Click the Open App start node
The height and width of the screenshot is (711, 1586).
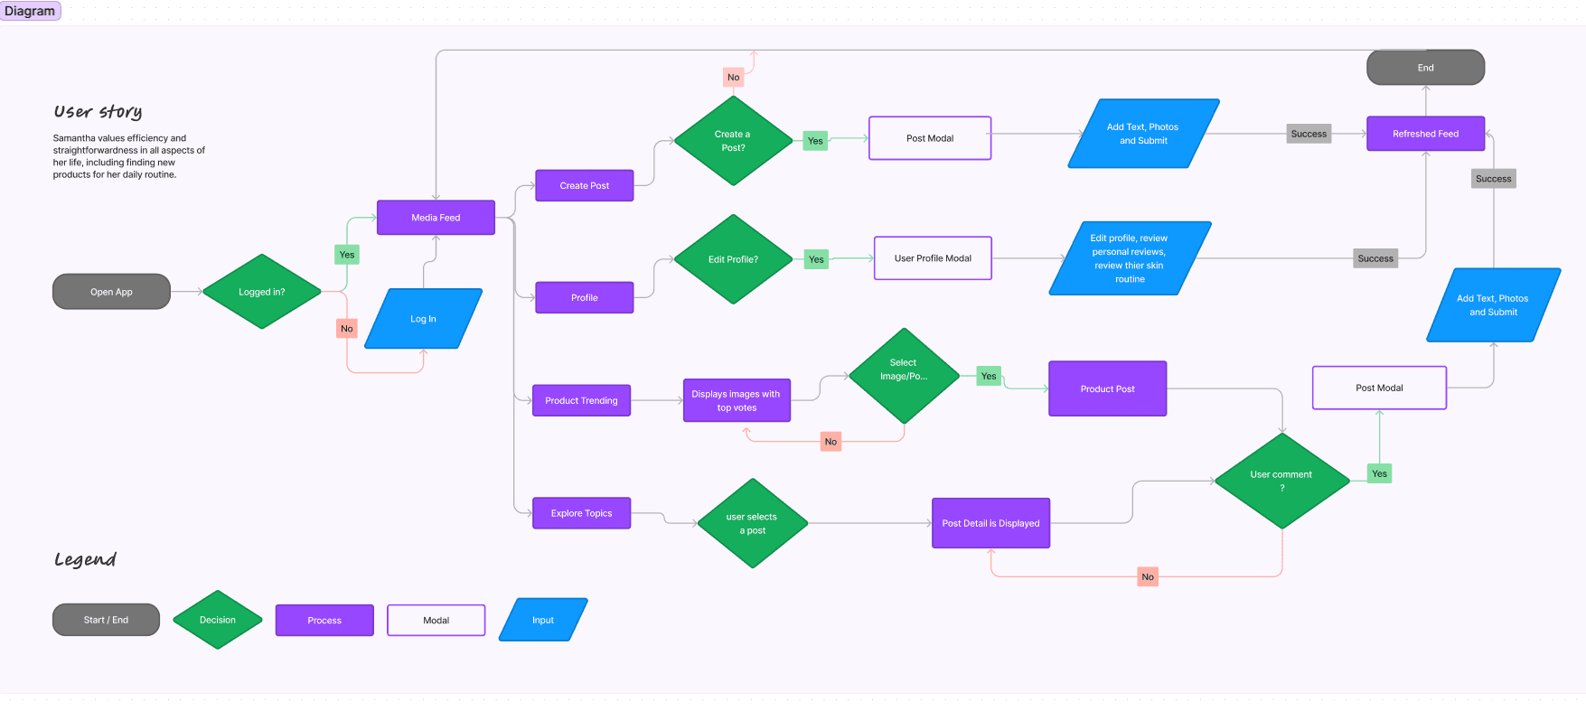[x=111, y=292]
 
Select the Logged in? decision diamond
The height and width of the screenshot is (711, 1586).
[x=262, y=292]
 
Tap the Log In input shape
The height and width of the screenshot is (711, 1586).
[x=423, y=319]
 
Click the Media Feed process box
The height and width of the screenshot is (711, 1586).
[x=436, y=218]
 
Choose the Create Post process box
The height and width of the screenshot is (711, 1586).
[x=585, y=185]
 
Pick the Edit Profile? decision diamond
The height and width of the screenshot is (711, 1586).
[x=733, y=259]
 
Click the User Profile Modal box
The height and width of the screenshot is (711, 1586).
[x=933, y=258]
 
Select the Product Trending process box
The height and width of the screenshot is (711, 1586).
[x=581, y=400]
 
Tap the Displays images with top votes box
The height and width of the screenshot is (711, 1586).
[x=737, y=400]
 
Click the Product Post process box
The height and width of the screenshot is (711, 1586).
[x=1107, y=388]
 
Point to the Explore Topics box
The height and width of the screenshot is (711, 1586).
[x=581, y=513]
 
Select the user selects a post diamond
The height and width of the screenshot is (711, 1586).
[x=752, y=523]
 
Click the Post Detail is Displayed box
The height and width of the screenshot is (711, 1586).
[x=990, y=523]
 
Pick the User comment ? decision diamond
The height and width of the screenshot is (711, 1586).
[x=1281, y=481]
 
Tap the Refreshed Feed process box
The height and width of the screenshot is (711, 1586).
[x=1425, y=134]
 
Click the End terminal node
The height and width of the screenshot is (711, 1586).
[x=1425, y=68]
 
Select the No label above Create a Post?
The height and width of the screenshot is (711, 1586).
[x=734, y=78]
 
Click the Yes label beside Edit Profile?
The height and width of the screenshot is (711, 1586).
[x=816, y=259]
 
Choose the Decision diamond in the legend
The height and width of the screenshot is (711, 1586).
[x=218, y=620]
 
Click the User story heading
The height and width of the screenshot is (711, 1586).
[x=98, y=111]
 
